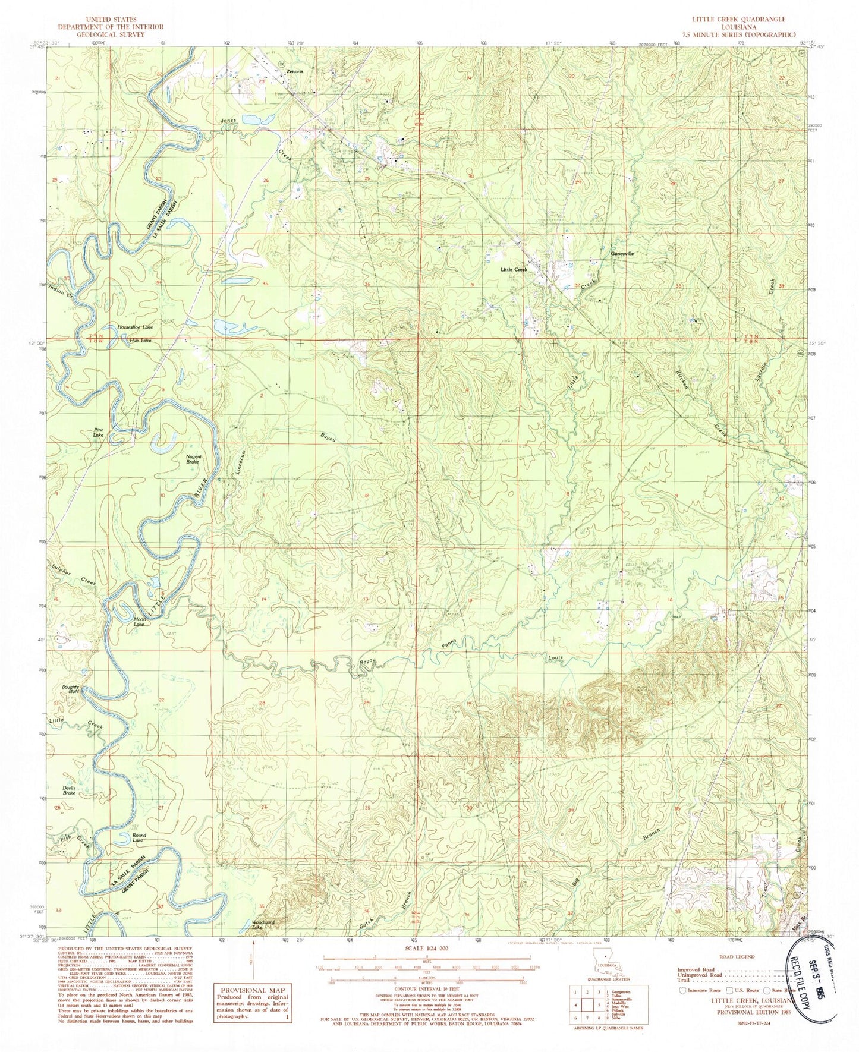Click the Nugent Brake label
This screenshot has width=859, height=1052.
[x=194, y=458]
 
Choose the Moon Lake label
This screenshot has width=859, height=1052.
[x=139, y=622]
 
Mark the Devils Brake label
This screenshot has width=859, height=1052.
[x=70, y=790]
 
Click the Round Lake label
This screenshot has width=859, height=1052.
[x=139, y=838]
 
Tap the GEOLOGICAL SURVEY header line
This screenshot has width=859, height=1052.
[x=111, y=35]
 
